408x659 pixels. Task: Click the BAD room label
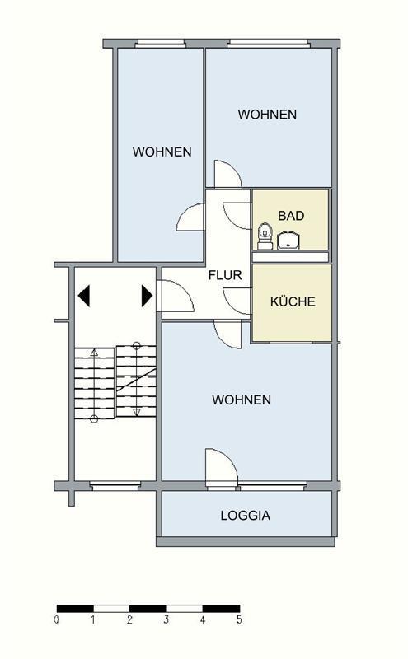[x=291, y=216]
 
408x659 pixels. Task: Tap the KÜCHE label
[x=293, y=301]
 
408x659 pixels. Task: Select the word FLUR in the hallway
[x=225, y=275]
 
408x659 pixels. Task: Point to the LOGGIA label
[x=245, y=516]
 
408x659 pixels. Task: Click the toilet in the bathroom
[x=265, y=234]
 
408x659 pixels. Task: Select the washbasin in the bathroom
[x=289, y=241]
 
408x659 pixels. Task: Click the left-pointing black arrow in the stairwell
[x=83, y=295]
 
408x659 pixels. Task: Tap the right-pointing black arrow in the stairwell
[x=147, y=295]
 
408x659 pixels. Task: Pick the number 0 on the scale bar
[x=57, y=619]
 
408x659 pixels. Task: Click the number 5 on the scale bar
[x=239, y=619]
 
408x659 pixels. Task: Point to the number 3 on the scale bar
[x=166, y=619]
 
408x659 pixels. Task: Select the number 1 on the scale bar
[x=93, y=619]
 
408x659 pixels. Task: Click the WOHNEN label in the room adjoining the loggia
[x=242, y=400]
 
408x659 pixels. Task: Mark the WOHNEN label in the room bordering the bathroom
[x=267, y=115]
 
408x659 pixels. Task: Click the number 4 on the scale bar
[x=203, y=619]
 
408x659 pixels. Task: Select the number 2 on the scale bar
[x=130, y=619]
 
